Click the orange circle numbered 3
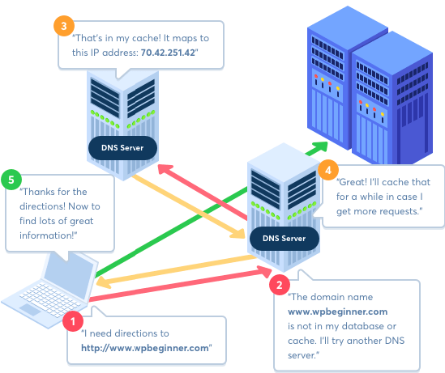click(x=64, y=26)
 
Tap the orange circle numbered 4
click(x=328, y=170)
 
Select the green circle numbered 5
click(x=11, y=180)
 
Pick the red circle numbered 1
click(x=73, y=321)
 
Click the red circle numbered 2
click(x=280, y=285)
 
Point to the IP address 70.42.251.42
click(x=168, y=53)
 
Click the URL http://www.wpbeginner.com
click(x=145, y=348)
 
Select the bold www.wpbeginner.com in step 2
click(x=337, y=312)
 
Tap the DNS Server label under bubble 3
click(x=122, y=148)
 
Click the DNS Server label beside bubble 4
click(x=284, y=239)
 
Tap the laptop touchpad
click(x=30, y=310)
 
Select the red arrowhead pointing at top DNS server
click(x=165, y=169)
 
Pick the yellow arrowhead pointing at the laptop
click(x=104, y=282)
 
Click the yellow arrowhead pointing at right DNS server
click(x=237, y=233)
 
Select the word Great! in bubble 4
click(x=352, y=182)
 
